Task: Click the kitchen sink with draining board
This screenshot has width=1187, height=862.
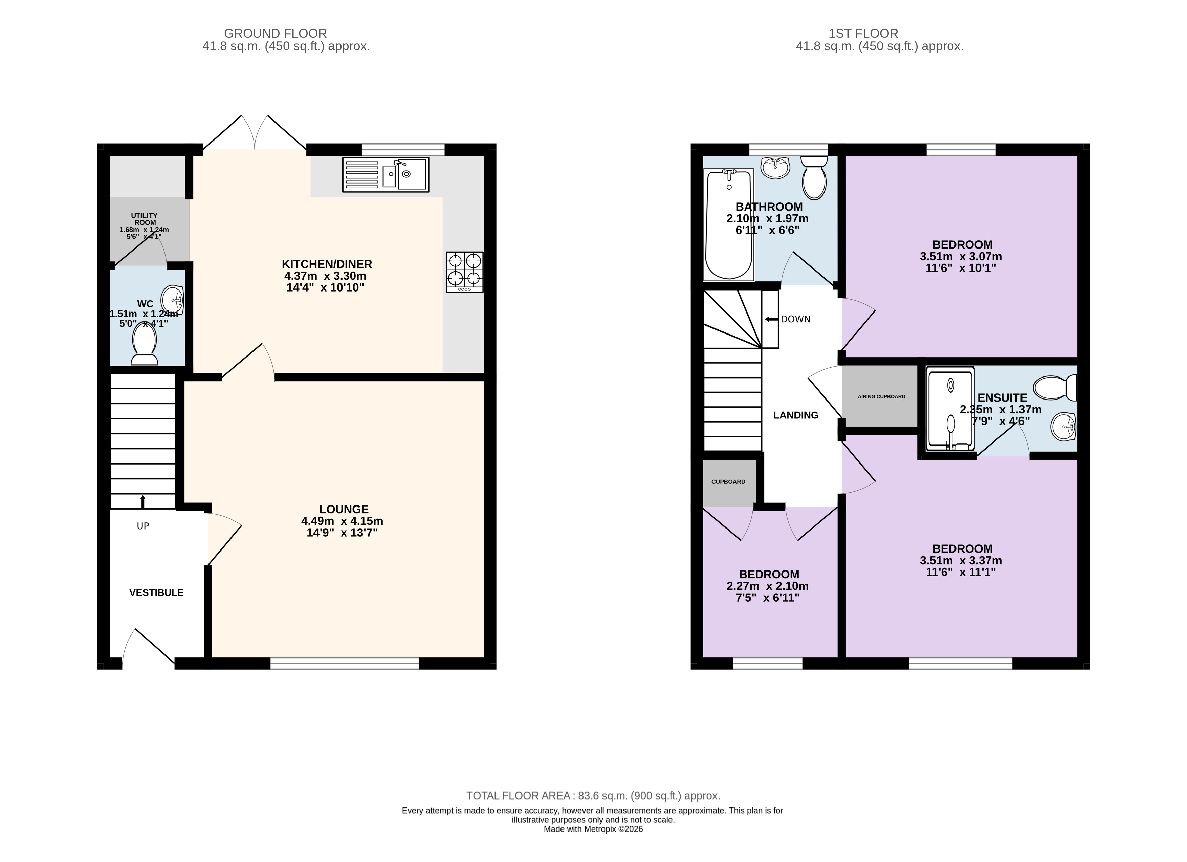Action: click(x=386, y=175)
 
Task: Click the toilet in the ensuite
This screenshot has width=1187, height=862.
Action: click(x=1055, y=388)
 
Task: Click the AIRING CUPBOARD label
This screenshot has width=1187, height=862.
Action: click(x=881, y=397)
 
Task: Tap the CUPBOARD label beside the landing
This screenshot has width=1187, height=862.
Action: click(x=728, y=481)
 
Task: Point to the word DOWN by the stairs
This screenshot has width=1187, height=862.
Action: click(x=795, y=319)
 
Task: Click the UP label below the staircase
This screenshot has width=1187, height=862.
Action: click(x=143, y=526)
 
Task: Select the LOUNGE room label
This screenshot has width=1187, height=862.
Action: click(x=344, y=509)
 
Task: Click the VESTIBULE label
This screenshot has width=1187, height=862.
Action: click(x=156, y=592)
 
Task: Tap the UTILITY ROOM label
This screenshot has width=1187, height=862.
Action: click(x=145, y=219)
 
